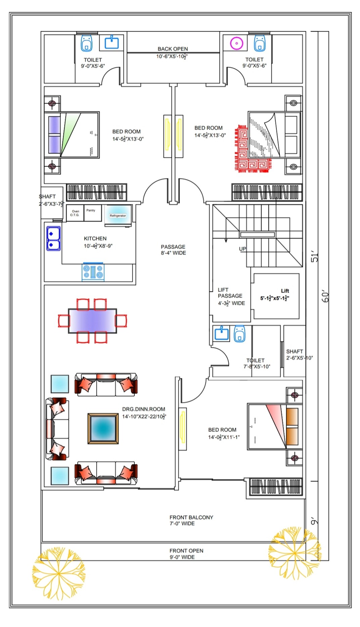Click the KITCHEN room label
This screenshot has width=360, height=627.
[x=95, y=239]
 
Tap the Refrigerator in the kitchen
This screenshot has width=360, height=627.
[x=118, y=213]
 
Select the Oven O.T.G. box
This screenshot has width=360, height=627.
[x=75, y=213]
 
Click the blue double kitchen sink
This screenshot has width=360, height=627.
[x=53, y=238]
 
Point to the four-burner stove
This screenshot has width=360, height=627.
[x=93, y=272]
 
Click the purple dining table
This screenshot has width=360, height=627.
[x=92, y=321]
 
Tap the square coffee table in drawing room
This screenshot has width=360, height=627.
[x=103, y=428]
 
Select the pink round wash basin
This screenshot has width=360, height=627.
[x=236, y=43]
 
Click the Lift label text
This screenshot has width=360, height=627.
[x=285, y=291]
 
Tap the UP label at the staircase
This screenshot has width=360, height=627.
[x=242, y=249]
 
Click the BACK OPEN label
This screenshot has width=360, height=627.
[x=173, y=49]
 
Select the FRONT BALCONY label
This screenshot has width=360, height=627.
[x=191, y=517]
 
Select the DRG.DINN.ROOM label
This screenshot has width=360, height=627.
[x=143, y=409]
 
